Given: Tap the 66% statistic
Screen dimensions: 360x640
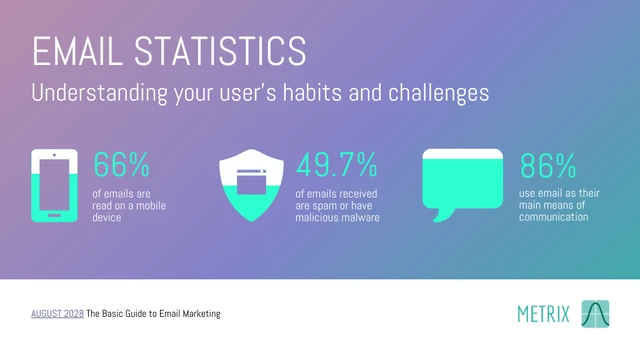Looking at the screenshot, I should (x=121, y=165).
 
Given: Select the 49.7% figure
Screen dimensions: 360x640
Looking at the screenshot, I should (x=337, y=165).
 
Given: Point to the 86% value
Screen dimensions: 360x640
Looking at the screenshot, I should (x=548, y=165).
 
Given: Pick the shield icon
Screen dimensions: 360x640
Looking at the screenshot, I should (x=252, y=187).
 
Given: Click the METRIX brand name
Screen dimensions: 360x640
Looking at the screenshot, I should (x=543, y=314).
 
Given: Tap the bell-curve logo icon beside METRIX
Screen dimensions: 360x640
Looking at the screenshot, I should (x=595, y=313).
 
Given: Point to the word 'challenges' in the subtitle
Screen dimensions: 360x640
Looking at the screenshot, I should (x=437, y=93).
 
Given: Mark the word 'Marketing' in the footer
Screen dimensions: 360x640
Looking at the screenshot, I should (x=195, y=314).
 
